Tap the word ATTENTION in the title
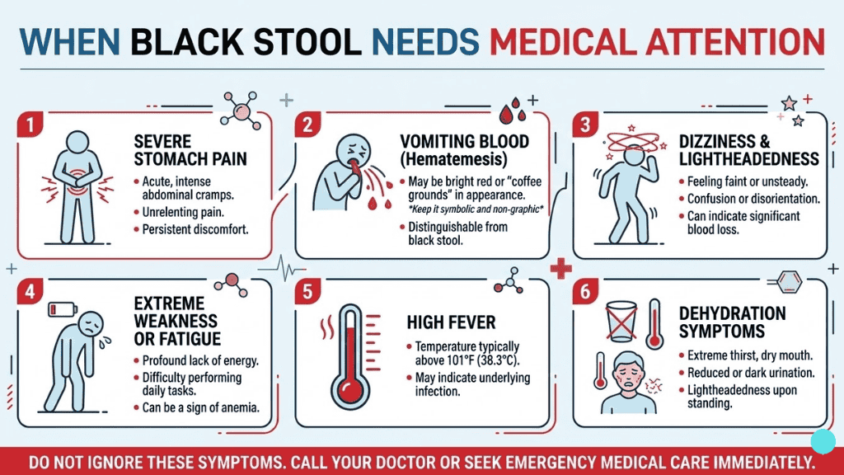735,42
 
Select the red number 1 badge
30,125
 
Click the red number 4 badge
30,291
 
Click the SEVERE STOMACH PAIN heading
190,150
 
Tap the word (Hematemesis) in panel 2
453,159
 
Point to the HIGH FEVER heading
451,322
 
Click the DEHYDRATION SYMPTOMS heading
732,322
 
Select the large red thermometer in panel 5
350,358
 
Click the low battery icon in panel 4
63,309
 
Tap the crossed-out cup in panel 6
621,322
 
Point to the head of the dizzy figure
635,155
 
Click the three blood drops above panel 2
513,111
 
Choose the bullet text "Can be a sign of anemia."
200,407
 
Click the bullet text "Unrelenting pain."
183,212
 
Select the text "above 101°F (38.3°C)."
467,360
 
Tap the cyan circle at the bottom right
823,441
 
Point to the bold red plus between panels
560,268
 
